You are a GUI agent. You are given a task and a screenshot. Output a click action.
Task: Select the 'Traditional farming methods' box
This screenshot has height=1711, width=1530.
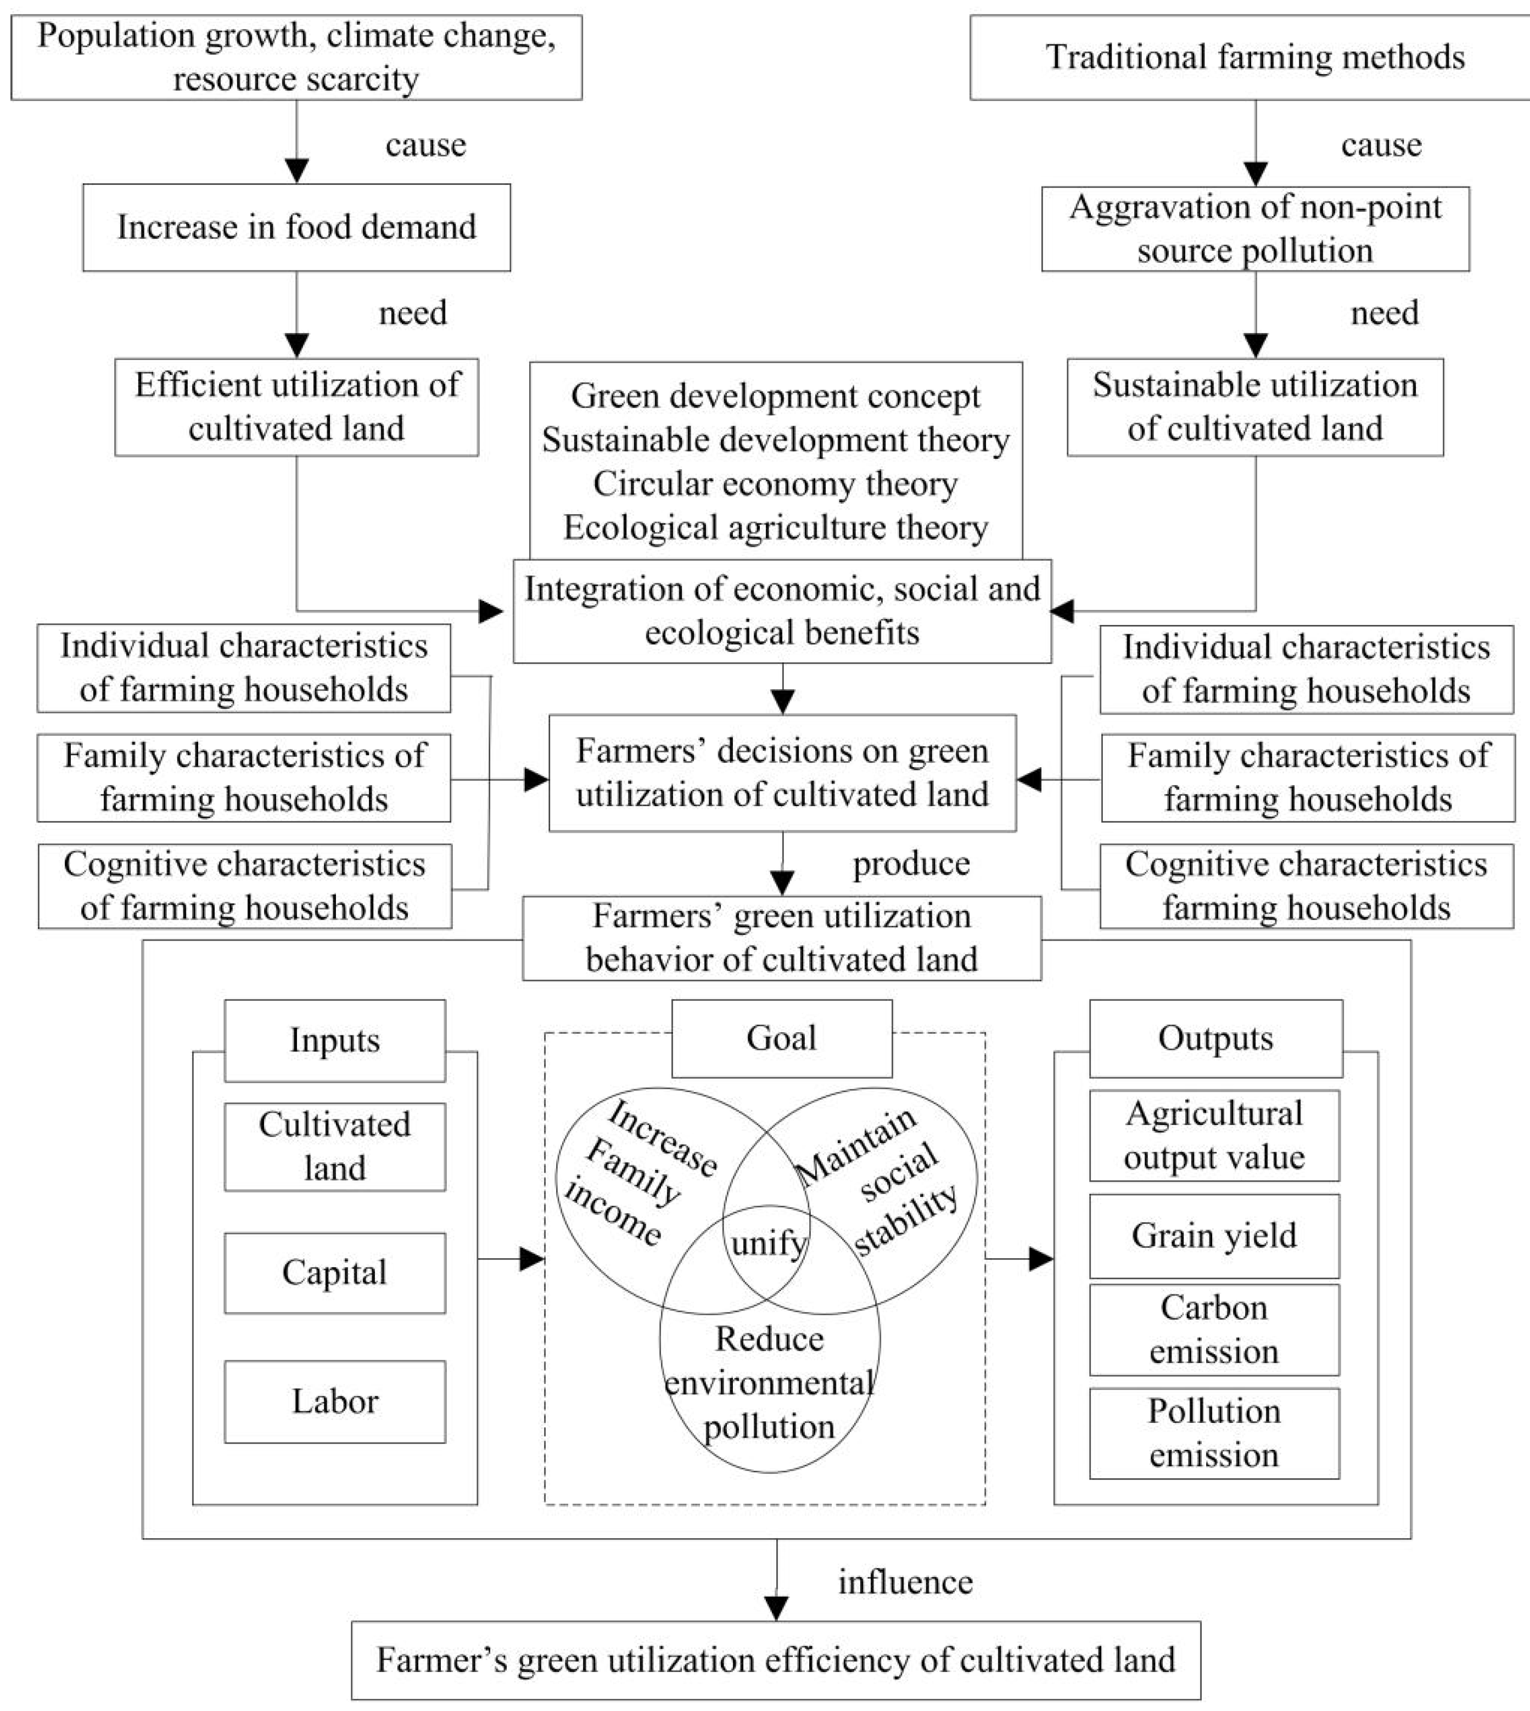tap(1254, 57)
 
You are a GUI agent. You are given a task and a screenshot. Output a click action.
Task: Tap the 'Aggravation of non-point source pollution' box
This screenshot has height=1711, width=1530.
tap(1254, 229)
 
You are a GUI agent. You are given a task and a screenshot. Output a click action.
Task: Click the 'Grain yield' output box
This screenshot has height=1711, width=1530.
tap(1214, 1235)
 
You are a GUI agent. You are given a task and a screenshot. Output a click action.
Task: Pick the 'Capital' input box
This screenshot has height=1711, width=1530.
tap(334, 1273)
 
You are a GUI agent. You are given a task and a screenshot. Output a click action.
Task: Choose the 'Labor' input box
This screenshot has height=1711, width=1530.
tap(334, 1401)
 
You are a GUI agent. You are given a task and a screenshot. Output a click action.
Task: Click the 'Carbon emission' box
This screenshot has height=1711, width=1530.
tap(1214, 1330)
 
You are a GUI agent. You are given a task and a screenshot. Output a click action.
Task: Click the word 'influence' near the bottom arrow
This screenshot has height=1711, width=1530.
tap(905, 1583)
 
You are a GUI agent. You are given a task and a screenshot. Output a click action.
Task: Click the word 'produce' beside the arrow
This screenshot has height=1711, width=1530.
tap(911, 864)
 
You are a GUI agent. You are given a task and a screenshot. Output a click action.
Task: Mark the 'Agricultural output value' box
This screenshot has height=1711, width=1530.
tap(1214, 1135)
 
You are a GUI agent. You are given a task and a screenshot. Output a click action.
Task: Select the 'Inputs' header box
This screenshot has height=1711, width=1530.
tap(334, 1040)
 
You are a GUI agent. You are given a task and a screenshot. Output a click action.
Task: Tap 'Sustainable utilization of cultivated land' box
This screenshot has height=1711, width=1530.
tap(1254, 407)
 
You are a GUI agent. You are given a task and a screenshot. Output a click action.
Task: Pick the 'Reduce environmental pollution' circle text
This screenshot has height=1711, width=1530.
tap(769, 1382)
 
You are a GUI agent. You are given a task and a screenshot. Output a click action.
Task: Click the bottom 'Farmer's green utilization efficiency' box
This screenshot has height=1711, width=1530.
tap(775, 1660)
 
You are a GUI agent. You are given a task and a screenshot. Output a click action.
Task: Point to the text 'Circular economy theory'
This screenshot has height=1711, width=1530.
tap(775, 484)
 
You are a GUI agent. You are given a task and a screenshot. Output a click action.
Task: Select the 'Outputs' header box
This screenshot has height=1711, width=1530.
tap(1215, 1039)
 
